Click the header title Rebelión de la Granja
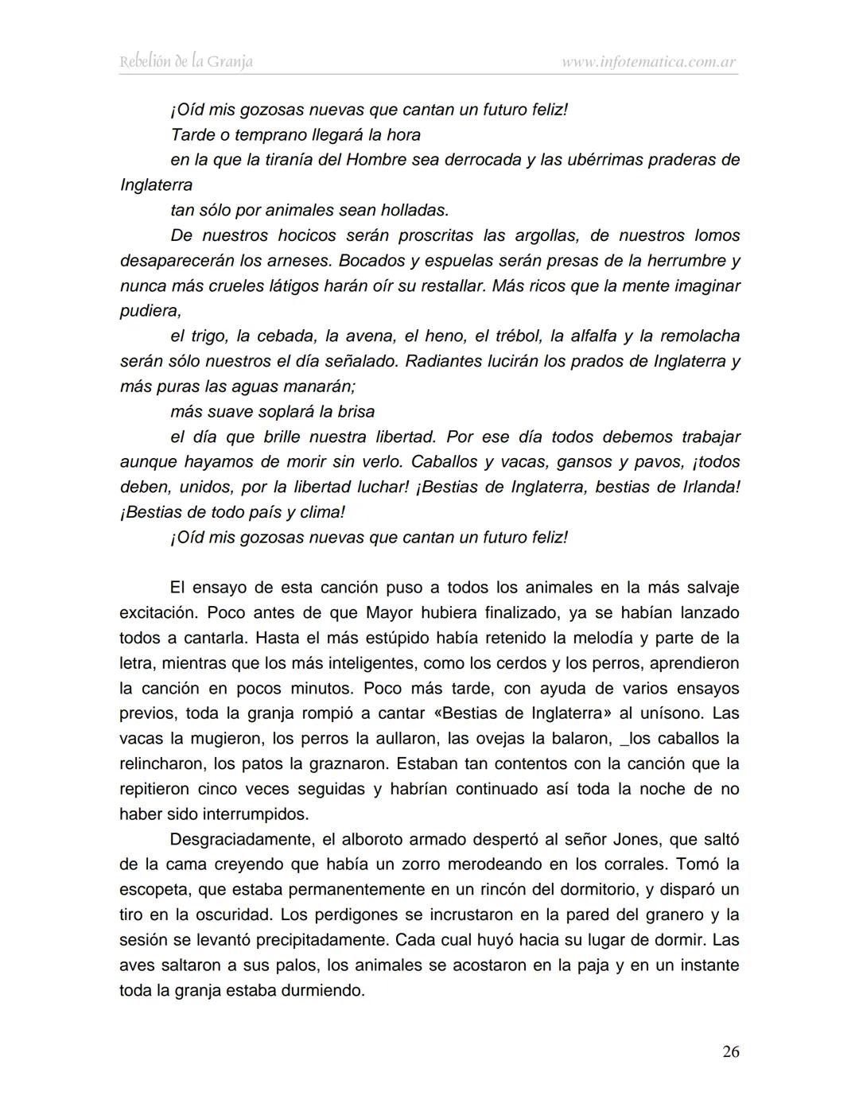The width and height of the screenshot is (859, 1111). tap(186, 61)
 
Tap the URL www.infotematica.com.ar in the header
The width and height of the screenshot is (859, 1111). tap(649, 61)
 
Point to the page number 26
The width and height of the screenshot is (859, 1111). tap(730, 1051)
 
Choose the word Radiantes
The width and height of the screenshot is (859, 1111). tap(441, 361)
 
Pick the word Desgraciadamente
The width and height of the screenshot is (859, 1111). tap(238, 840)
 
